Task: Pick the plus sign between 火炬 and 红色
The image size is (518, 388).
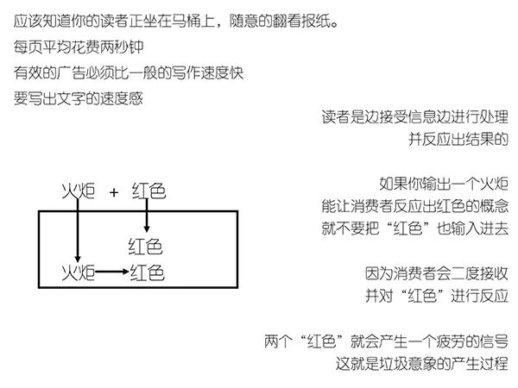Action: [x=113, y=191]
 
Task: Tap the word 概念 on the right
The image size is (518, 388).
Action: [x=489, y=206]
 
